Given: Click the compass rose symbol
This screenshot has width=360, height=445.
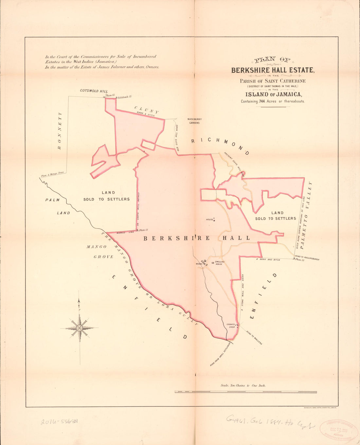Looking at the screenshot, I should tap(80, 328).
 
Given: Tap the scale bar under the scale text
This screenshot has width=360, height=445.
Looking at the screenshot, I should tap(246, 392).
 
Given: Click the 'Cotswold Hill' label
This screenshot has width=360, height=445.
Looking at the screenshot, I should tap(94, 91).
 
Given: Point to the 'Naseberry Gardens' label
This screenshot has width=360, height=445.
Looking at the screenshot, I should tap(194, 121).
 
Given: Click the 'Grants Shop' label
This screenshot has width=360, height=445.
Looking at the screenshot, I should tap(231, 326).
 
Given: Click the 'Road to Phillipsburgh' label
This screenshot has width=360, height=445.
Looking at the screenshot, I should tap(307, 258).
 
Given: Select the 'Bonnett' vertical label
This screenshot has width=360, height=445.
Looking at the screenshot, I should tap(59, 131).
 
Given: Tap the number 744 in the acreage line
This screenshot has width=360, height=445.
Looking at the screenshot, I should tap(262, 101).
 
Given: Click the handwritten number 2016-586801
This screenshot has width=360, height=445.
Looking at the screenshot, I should tap(61, 422).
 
